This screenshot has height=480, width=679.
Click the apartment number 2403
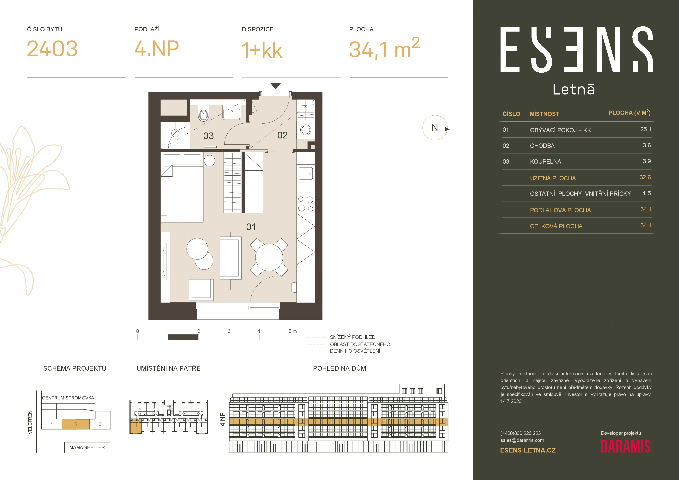(x=52, y=49)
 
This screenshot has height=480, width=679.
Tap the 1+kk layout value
(x=262, y=50)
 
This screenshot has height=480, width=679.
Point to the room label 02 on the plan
(x=282, y=135)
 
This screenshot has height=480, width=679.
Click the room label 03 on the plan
(x=208, y=136)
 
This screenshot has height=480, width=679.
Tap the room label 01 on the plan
(x=251, y=227)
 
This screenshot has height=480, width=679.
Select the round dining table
(x=269, y=257)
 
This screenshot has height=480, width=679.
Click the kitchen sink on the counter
(x=305, y=174)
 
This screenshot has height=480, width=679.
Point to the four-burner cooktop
(x=305, y=204)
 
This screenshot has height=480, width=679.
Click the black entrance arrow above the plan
(x=276, y=86)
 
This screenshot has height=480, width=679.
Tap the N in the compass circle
(x=435, y=127)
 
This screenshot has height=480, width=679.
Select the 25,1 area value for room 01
(x=646, y=129)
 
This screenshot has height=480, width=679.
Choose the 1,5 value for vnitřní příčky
(x=647, y=193)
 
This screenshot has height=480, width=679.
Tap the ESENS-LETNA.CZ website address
(x=528, y=450)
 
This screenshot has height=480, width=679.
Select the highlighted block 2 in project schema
(x=76, y=424)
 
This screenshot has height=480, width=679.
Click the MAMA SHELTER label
(x=87, y=447)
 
